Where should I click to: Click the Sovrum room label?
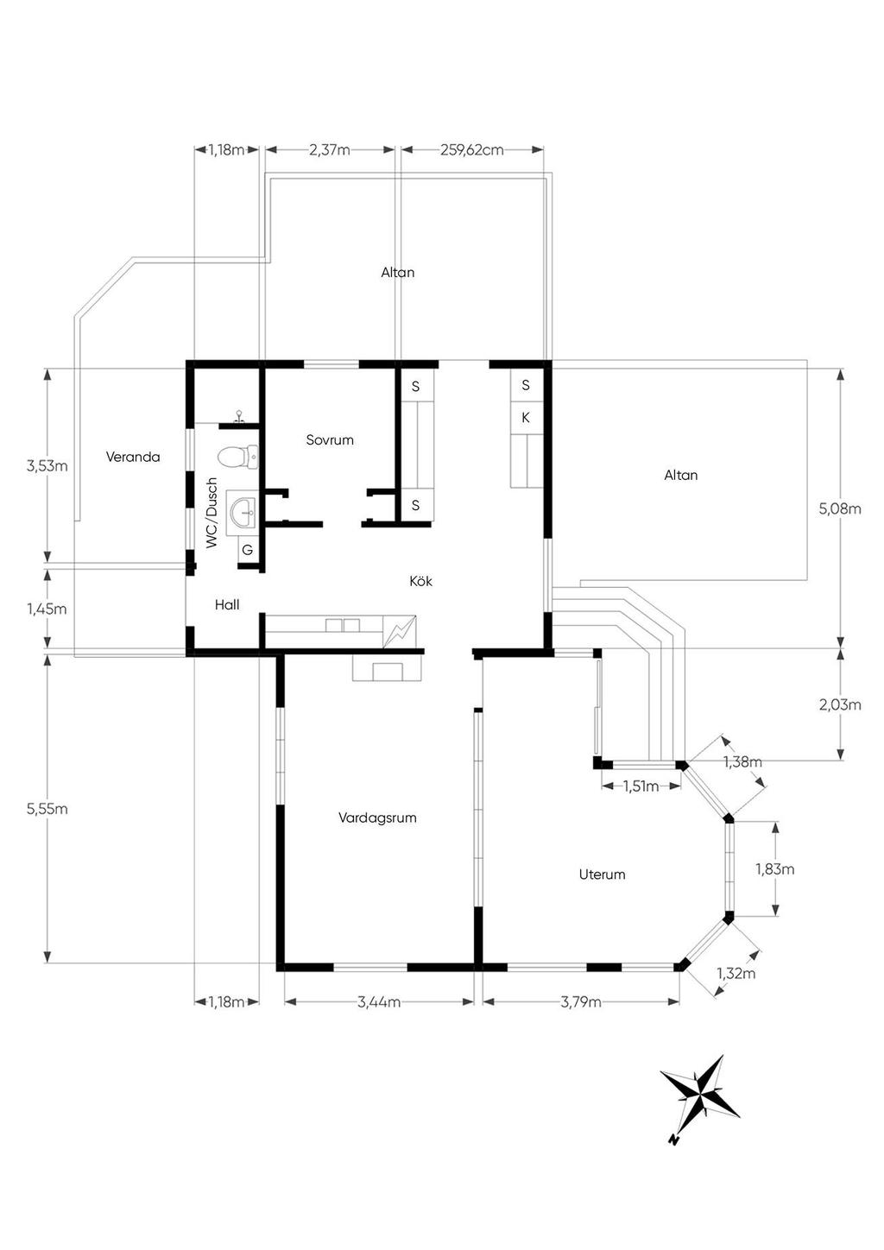330,439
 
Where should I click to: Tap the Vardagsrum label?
377,818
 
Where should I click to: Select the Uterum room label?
603,874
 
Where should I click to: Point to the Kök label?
420,581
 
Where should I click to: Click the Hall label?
227,604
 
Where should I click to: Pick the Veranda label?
133,457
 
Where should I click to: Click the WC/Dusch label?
211,512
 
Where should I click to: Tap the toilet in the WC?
237,458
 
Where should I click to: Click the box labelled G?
247,550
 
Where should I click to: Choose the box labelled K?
526,417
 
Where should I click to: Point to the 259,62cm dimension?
472,149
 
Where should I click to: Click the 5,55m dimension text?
47,809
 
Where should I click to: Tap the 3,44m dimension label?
379,1001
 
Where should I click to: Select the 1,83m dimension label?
775,868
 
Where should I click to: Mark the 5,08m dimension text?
840,508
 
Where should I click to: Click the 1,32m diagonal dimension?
736,974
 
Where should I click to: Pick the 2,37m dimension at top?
329,149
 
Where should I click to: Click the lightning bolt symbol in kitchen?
400,632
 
